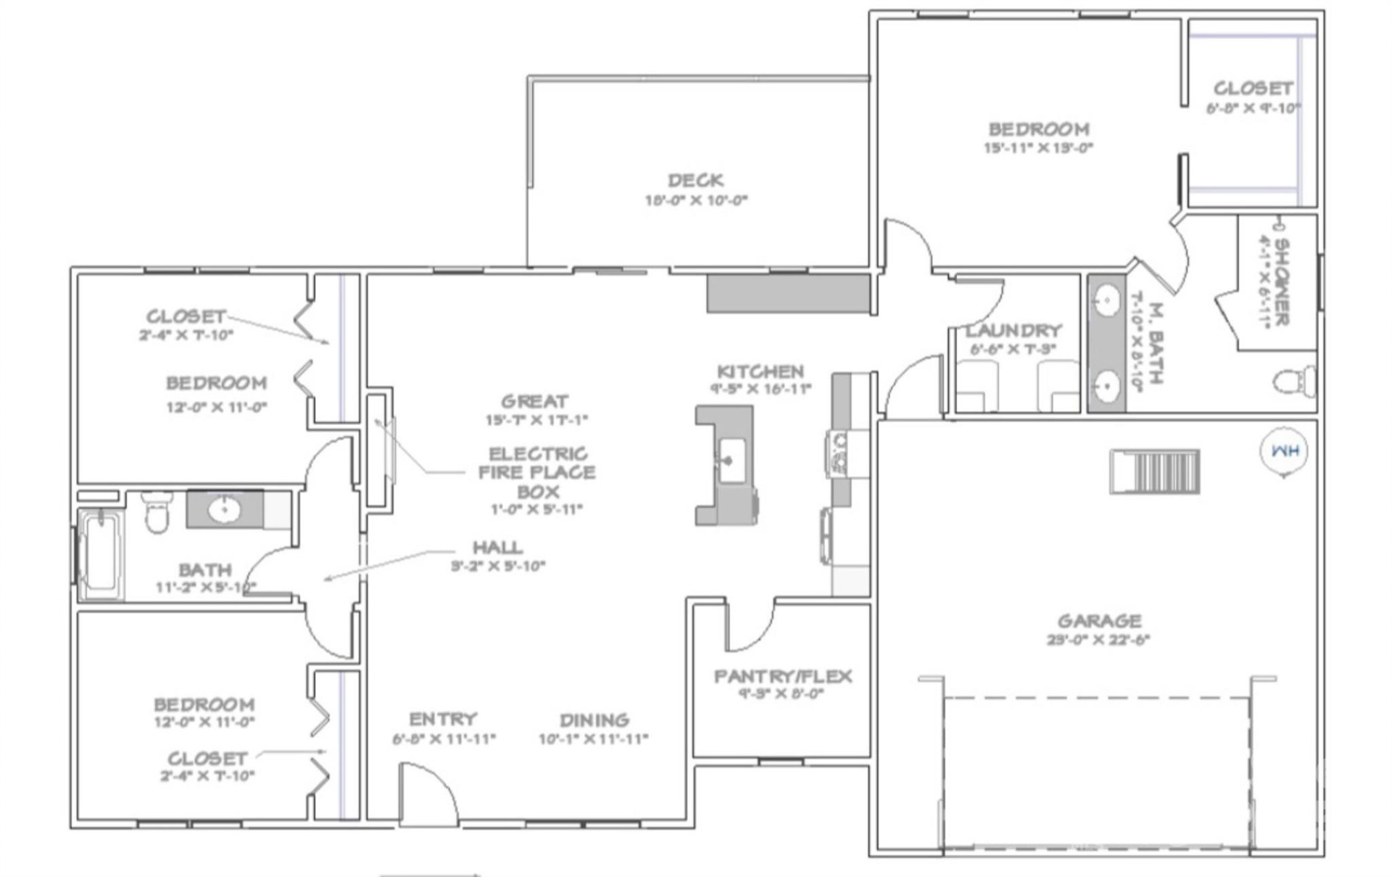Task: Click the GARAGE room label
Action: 1099,621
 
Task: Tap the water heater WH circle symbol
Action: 1284,451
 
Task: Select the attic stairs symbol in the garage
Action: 1155,472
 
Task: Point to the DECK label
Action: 695,180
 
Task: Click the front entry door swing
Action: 428,794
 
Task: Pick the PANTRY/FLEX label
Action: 783,676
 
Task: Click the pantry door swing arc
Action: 750,628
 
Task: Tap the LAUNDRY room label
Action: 1013,331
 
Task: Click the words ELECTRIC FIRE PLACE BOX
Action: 537,472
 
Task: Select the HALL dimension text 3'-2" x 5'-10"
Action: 497,567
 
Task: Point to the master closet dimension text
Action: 1253,108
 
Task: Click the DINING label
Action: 594,720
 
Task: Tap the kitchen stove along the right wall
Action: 838,453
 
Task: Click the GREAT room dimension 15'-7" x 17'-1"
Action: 536,420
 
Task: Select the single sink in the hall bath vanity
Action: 224,509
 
